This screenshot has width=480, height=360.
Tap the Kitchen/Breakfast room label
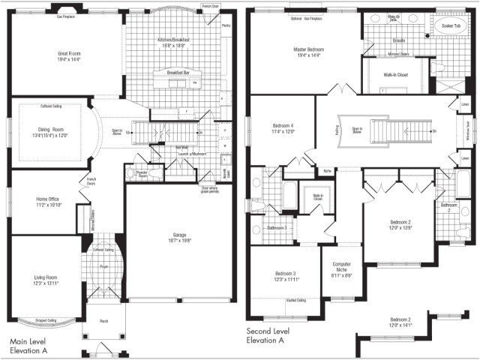pos(173,40)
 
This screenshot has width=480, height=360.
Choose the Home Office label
pos(48,199)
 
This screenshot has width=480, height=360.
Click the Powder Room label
pos(139,175)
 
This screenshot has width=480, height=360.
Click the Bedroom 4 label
pos(283,125)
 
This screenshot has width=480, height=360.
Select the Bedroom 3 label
pos(286,274)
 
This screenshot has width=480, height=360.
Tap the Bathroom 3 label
pos(276,227)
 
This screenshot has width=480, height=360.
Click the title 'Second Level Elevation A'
pos(275,335)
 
